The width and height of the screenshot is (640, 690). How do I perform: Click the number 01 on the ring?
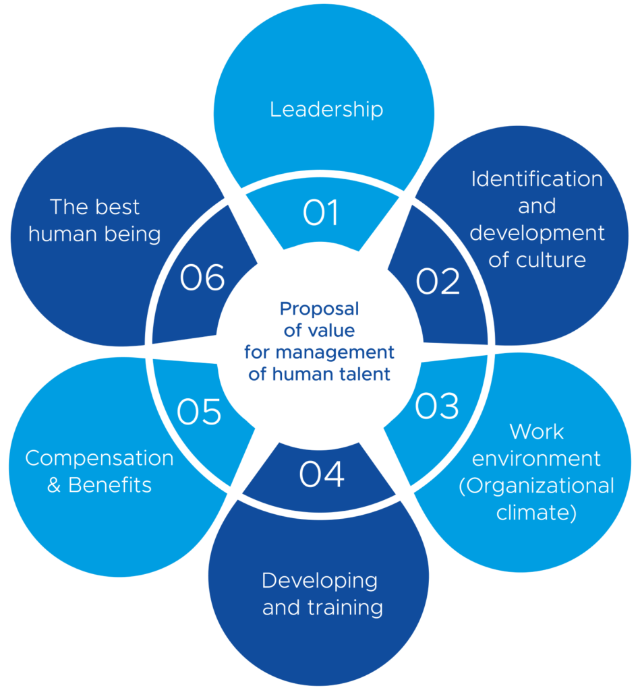320,214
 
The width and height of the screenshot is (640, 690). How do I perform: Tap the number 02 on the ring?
438,282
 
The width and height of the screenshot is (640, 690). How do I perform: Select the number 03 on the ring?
436,406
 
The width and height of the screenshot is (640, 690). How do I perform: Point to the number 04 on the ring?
322,474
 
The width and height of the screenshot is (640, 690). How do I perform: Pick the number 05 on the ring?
199,412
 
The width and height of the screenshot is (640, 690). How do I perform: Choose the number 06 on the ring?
202,278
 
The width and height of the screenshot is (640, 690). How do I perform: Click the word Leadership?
326,109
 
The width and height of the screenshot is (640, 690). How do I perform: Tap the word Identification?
537,179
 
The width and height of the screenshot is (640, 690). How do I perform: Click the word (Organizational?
536,486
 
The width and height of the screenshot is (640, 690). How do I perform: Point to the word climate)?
536,513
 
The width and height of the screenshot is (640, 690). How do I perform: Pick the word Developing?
320,580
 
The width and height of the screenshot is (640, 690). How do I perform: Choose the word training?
345,608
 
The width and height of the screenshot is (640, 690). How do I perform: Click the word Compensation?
99,458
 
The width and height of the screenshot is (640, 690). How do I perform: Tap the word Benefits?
110,485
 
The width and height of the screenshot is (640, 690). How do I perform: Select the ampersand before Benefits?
54,486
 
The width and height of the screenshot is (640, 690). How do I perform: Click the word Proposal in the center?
319,309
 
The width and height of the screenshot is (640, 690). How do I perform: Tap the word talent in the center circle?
364,374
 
